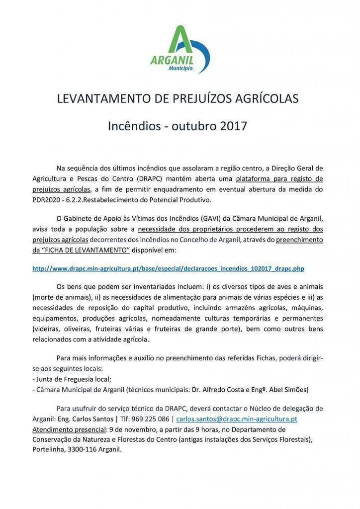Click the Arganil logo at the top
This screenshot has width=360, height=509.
coord(180,50)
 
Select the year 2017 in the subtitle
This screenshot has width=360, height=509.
coord(234,126)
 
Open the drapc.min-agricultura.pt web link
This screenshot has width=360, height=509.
coord(168,268)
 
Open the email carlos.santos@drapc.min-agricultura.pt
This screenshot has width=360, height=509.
coord(237,419)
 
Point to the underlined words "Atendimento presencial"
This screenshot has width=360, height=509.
coord(69,429)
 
